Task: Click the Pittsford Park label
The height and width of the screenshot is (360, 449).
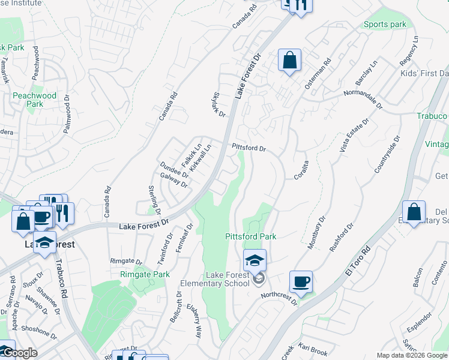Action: (251, 236)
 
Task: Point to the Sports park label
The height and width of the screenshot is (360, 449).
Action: (385, 25)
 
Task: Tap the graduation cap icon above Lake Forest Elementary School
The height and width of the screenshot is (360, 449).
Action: (255, 260)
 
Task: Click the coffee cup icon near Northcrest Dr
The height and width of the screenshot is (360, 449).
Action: (301, 281)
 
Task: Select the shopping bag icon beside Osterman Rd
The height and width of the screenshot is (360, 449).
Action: (289, 60)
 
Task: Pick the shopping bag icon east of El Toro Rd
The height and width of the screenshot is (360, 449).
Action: (414, 212)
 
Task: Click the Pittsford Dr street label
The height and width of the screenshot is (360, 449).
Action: (249, 147)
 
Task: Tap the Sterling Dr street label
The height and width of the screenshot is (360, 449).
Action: (154, 200)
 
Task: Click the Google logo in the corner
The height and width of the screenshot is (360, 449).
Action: (19, 353)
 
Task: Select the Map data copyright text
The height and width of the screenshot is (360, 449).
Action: (412, 355)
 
